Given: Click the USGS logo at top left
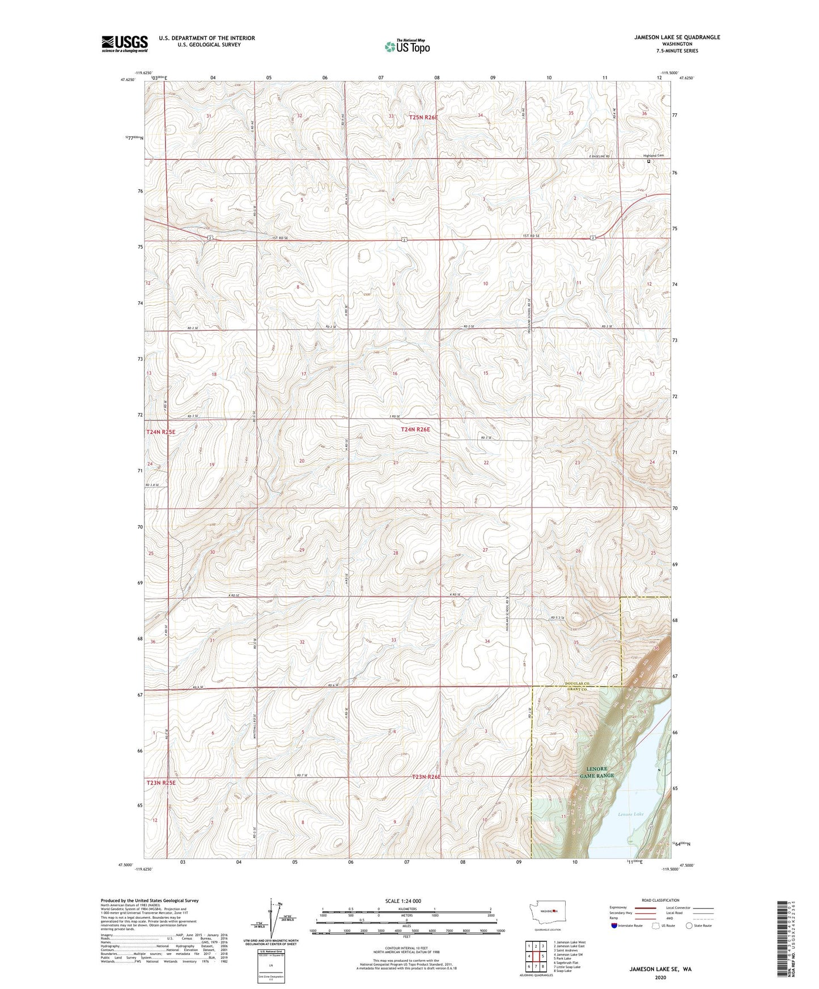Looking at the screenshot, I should [124, 44].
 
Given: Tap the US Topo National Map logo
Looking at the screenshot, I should [407, 46].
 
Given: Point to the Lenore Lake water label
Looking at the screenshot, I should [630, 814].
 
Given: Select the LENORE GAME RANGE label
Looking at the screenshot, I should [596, 771].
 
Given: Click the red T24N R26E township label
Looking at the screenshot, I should [415, 430].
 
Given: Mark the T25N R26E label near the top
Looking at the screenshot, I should [424, 117].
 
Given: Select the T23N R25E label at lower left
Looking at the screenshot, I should [161, 783].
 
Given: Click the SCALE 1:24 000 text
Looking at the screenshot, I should [403, 901].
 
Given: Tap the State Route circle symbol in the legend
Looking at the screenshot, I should [689, 926].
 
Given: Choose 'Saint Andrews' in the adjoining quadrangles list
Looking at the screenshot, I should [567, 950].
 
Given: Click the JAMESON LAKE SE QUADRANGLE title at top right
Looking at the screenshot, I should [677, 37].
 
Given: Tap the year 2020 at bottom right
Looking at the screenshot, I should [660, 978].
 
